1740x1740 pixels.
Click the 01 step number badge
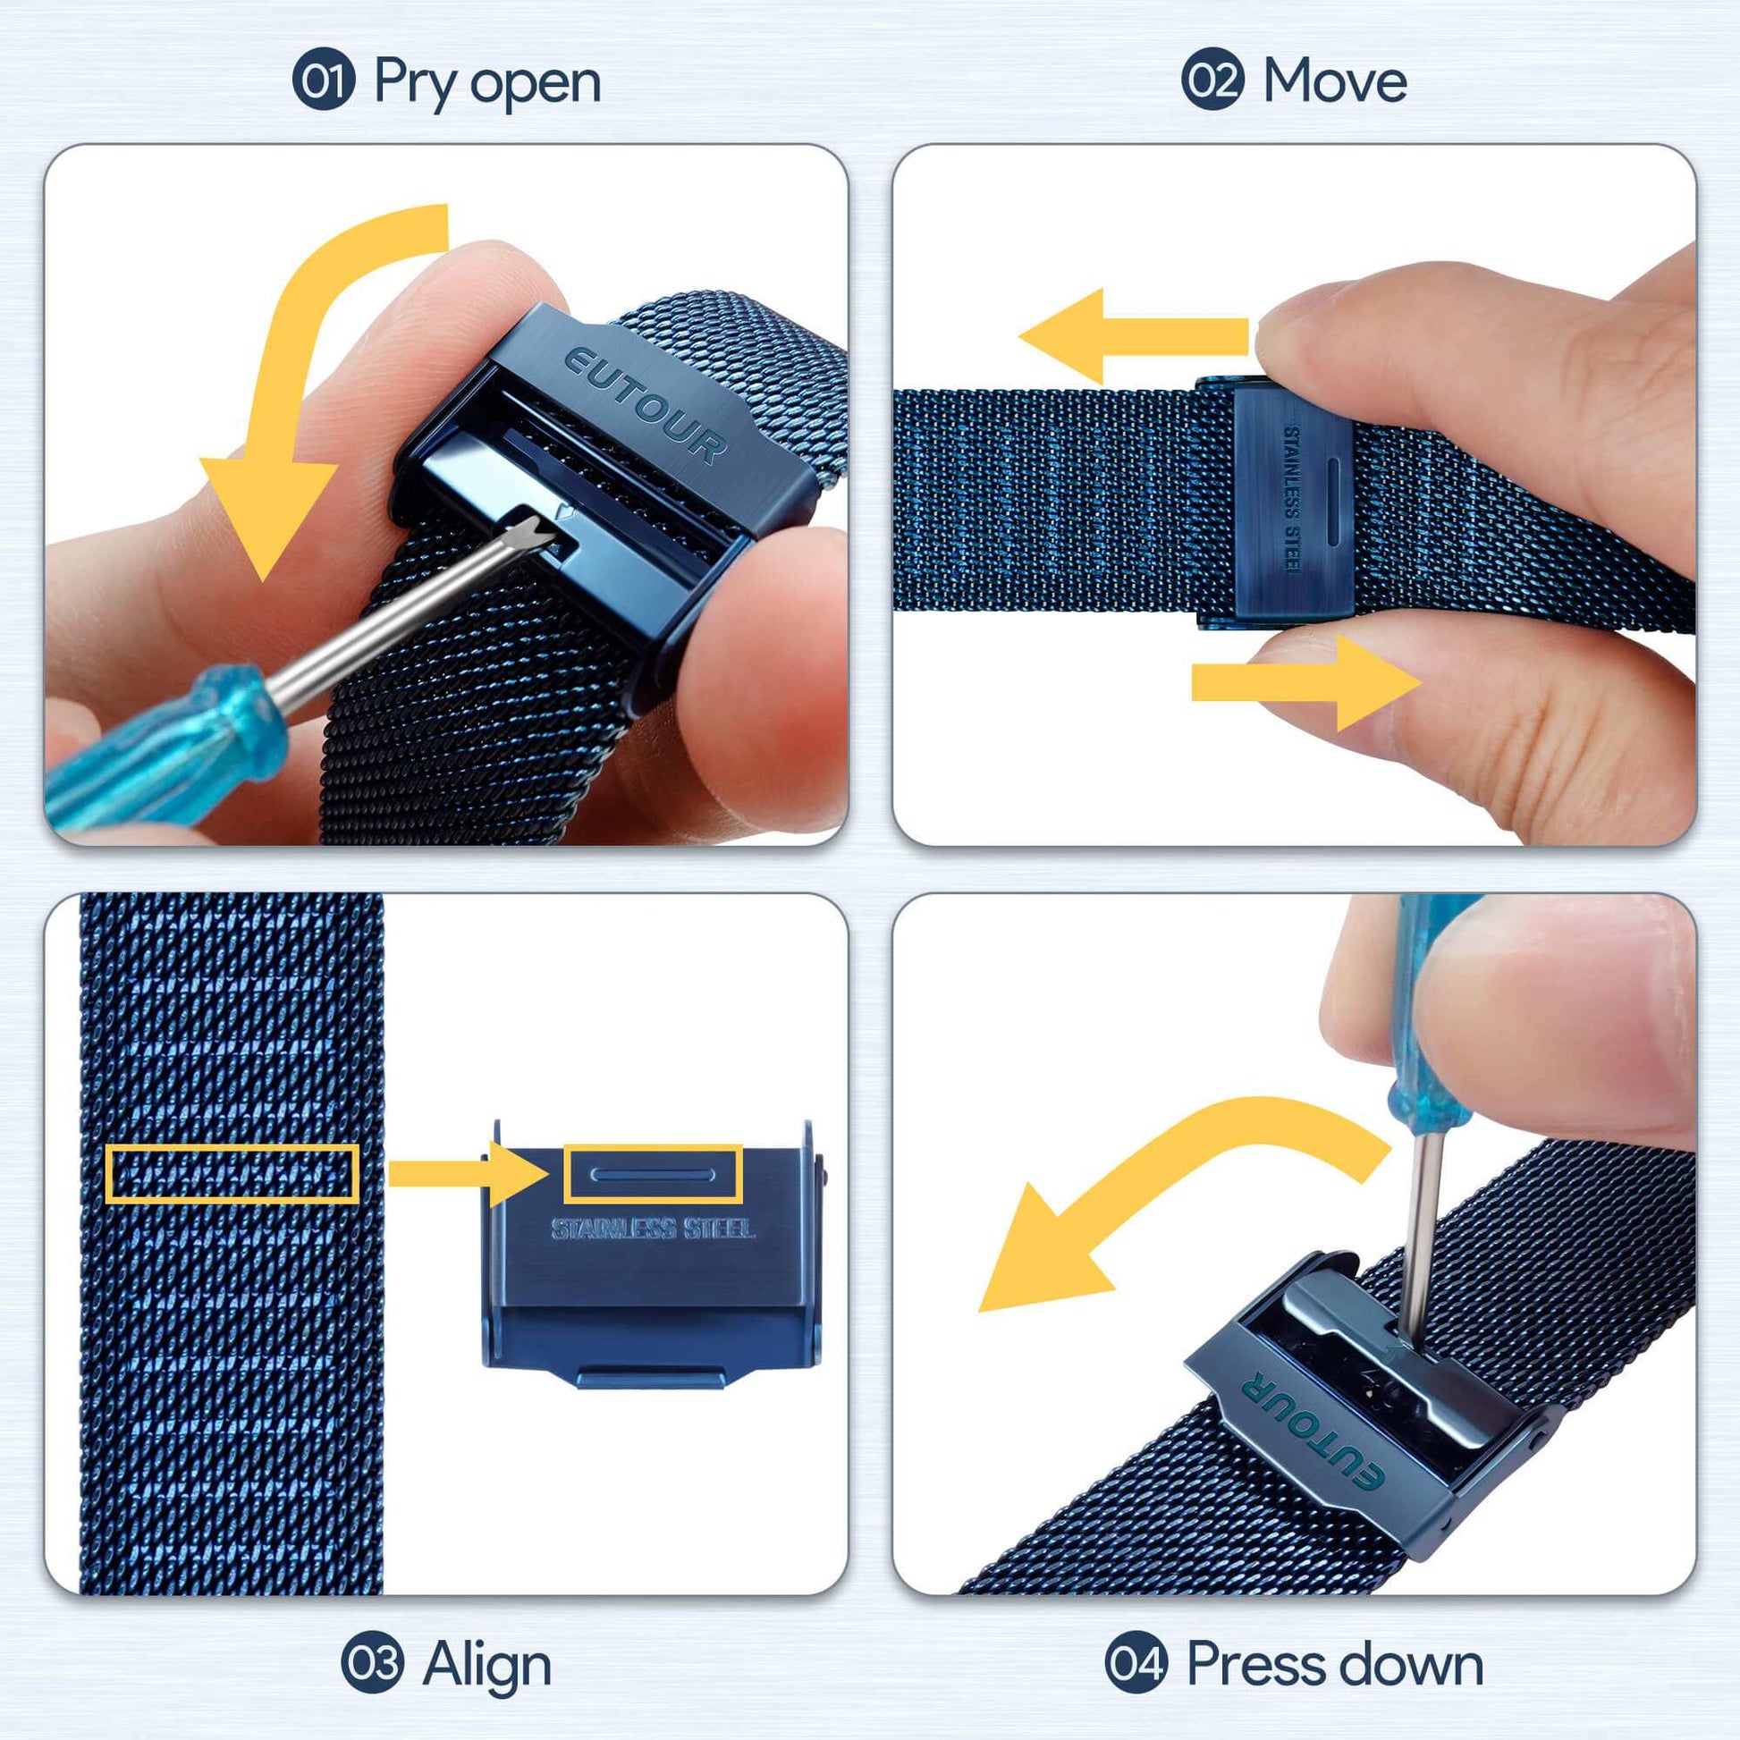coord(325,80)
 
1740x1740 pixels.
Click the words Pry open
coord(487,84)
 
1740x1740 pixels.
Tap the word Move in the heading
coord(1335,81)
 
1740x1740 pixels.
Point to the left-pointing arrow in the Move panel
coord(1133,337)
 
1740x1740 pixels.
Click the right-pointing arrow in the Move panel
coord(1307,681)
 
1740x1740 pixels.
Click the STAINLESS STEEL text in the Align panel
coord(653,1229)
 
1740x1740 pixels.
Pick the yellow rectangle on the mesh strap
coord(232,1173)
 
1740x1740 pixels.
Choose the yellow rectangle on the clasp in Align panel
coord(653,1173)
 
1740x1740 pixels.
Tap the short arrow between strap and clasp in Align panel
coord(469,1173)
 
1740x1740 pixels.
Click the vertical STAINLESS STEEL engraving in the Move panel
coord(1291,498)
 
